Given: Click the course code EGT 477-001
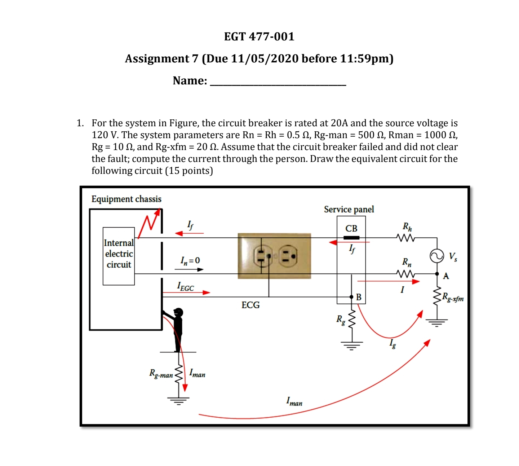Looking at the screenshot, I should pyautogui.click(x=259, y=36).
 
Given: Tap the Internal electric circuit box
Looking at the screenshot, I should pyautogui.click(x=119, y=256).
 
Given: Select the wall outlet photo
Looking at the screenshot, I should pyautogui.click(x=274, y=256).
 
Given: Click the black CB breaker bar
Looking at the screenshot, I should pyautogui.click(x=351, y=238).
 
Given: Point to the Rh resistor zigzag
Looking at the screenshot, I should pyautogui.click(x=405, y=238).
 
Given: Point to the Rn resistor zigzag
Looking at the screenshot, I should pyautogui.click(x=405, y=274).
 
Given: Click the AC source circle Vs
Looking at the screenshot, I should pyautogui.click(x=437, y=256).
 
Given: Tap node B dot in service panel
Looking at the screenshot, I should pyautogui.click(x=351, y=297).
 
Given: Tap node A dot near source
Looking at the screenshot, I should pyautogui.click(x=437, y=274).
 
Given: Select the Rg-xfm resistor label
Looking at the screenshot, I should pyautogui.click(x=453, y=298).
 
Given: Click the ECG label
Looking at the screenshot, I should pyautogui.click(x=250, y=305).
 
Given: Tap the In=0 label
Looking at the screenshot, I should pyautogui.click(x=190, y=260).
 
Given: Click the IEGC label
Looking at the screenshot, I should pyautogui.click(x=185, y=287).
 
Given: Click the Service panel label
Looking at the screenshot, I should pyautogui.click(x=349, y=209).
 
